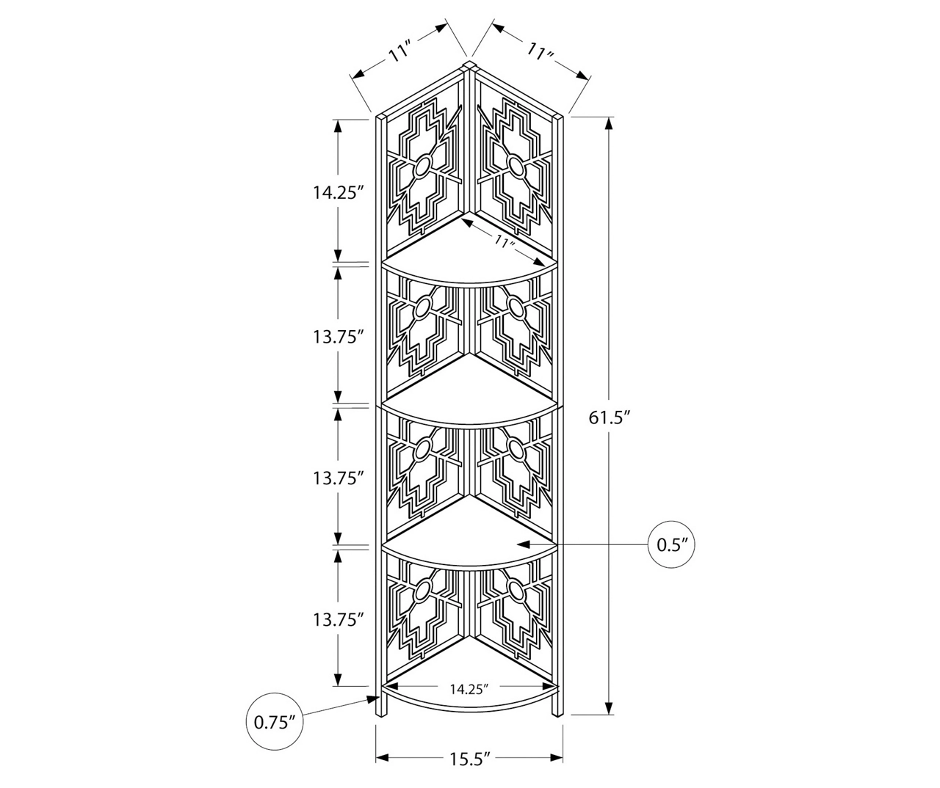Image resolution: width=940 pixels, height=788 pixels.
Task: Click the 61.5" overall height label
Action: (x=608, y=417)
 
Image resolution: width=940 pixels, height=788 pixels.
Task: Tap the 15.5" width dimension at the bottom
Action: (x=469, y=759)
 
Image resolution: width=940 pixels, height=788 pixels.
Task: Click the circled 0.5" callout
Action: (x=670, y=544)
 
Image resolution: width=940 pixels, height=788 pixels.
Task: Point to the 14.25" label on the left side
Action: (x=338, y=192)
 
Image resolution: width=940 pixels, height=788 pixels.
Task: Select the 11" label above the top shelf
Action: (x=504, y=242)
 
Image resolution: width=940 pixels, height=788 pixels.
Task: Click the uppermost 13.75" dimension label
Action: (x=338, y=337)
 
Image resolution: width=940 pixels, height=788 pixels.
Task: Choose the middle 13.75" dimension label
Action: (x=338, y=478)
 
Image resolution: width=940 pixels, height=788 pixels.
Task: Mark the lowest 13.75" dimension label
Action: (x=338, y=619)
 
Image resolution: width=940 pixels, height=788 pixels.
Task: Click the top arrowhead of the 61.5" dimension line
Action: (x=609, y=124)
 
